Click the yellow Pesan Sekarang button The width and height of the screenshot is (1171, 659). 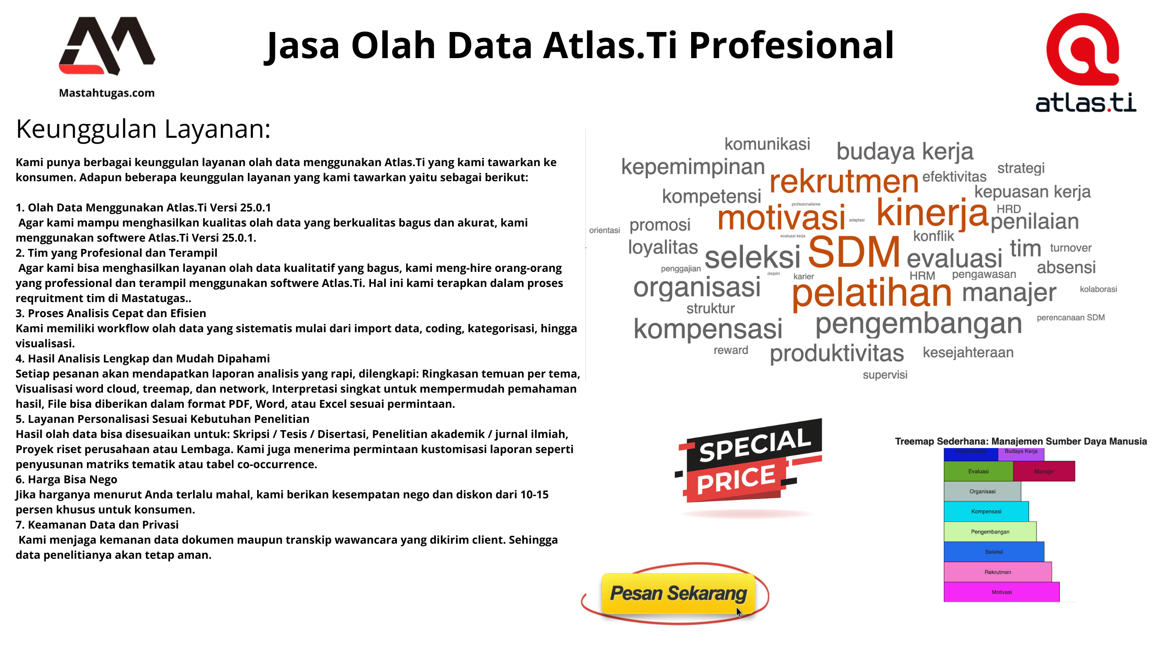(x=678, y=593)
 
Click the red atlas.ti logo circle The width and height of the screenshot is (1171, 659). (x=1082, y=49)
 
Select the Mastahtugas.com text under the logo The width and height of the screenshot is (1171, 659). (x=107, y=93)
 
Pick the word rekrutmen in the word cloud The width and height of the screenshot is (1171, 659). (x=844, y=181)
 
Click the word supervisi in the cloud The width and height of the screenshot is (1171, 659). (x=885, y=375)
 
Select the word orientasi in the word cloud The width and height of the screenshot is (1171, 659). (x=604, y=230)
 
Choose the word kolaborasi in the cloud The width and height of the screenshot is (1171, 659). (x=1098, y=289)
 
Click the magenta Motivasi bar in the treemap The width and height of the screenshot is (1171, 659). (x=1001, y=592)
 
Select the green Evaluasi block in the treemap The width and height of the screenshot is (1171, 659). (x=978, y=471)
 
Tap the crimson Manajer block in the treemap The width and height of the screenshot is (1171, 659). (x=1044, y=471)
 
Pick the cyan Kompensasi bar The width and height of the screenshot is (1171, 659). (x=986, y=512)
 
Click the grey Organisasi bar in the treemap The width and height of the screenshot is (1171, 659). (x=982, y=492)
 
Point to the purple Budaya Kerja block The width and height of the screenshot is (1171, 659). (x=1021, y=452)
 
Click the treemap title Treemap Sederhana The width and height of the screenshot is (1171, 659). (x=1021, y=442)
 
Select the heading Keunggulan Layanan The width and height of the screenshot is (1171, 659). (x=143, y=129)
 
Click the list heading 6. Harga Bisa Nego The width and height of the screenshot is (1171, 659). (x=66, y=479)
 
